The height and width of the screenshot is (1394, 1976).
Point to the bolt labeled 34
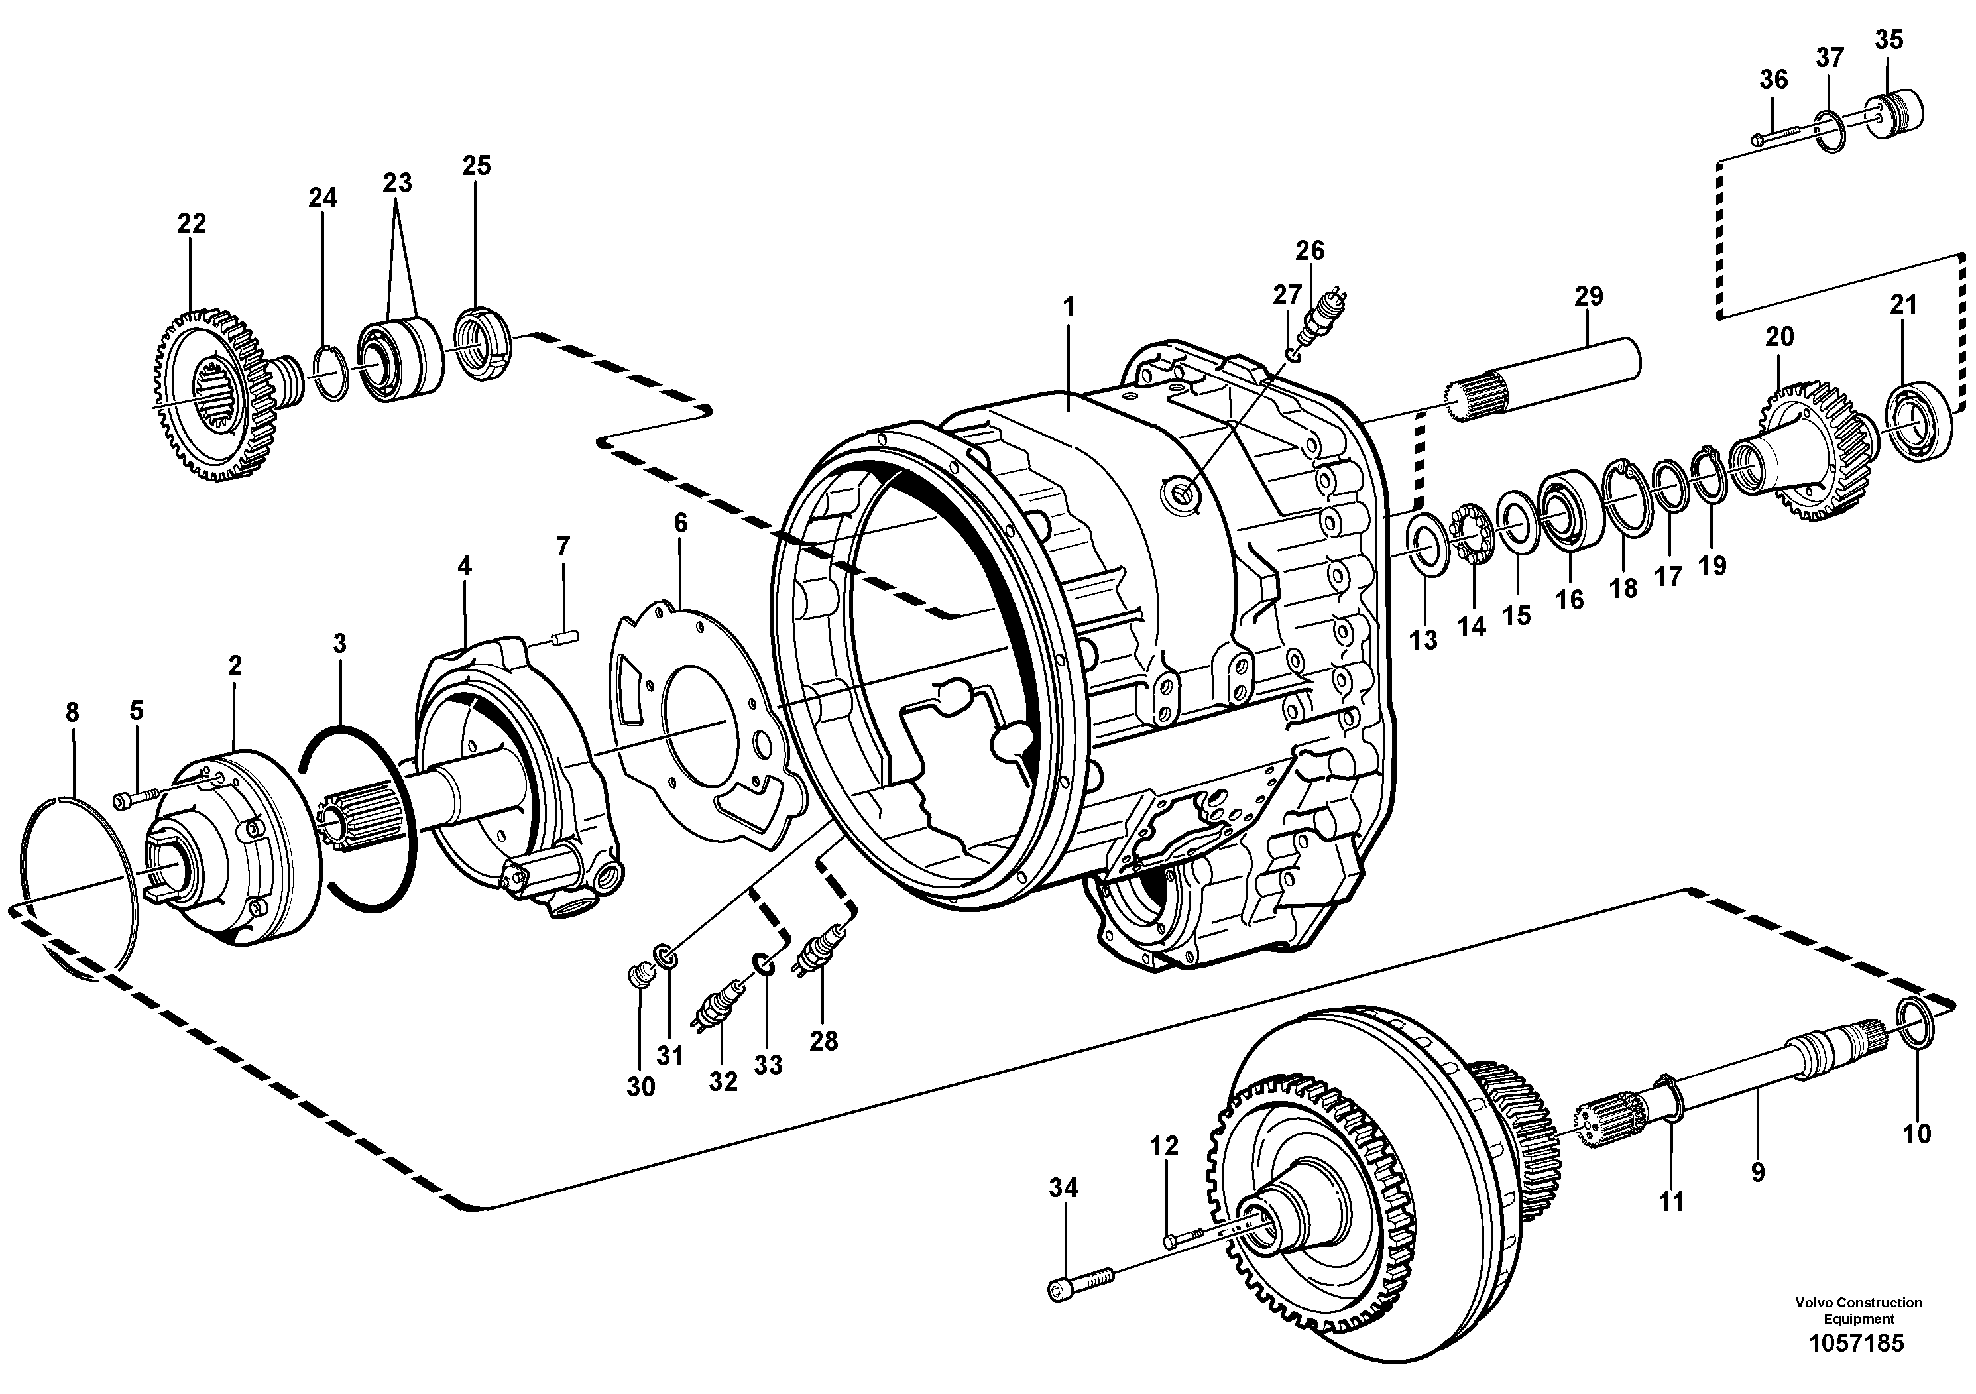tap(1081, 1287)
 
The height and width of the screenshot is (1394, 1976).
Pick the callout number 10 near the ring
tap(1916, 1134)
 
